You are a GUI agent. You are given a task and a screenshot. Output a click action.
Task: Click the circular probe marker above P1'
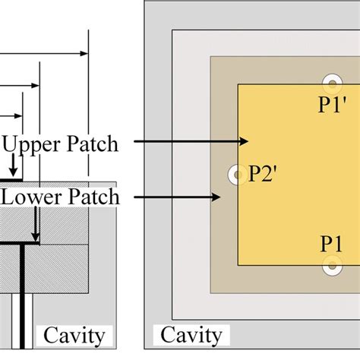tap(333, 83)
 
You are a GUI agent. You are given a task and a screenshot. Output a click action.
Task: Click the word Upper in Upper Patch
tap(33, 144)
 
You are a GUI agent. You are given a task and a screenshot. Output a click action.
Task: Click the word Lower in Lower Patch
tap(31, 198)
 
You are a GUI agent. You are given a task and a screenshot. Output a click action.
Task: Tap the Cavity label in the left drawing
tap(76, 335)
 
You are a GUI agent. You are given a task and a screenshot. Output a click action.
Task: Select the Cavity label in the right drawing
tap(191, 335)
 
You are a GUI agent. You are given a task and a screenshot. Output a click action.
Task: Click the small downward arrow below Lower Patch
tap(35, 235)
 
